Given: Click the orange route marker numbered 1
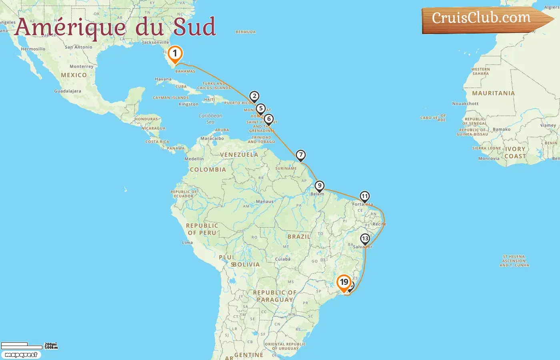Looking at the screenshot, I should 175,54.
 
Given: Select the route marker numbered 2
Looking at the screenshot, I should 254,96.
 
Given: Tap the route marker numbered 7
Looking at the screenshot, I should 300,155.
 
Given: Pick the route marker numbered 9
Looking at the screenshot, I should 319,186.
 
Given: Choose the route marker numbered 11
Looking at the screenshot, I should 364,196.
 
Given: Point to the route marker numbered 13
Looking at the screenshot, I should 365,239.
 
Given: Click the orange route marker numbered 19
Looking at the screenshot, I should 344,282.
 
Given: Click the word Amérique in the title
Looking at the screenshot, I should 70,27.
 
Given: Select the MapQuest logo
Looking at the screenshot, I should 21,355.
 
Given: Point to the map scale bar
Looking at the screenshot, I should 22,346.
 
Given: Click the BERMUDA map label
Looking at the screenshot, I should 246,32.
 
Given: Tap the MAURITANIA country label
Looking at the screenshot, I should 493,93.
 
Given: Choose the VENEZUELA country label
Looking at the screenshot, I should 239,155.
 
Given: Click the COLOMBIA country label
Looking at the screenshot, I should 208,170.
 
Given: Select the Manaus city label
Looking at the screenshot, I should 265,202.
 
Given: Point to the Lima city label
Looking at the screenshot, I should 187,242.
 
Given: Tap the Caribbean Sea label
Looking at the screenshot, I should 210,118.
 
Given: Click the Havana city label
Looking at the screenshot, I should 163,79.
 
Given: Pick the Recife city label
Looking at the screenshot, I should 379,224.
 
